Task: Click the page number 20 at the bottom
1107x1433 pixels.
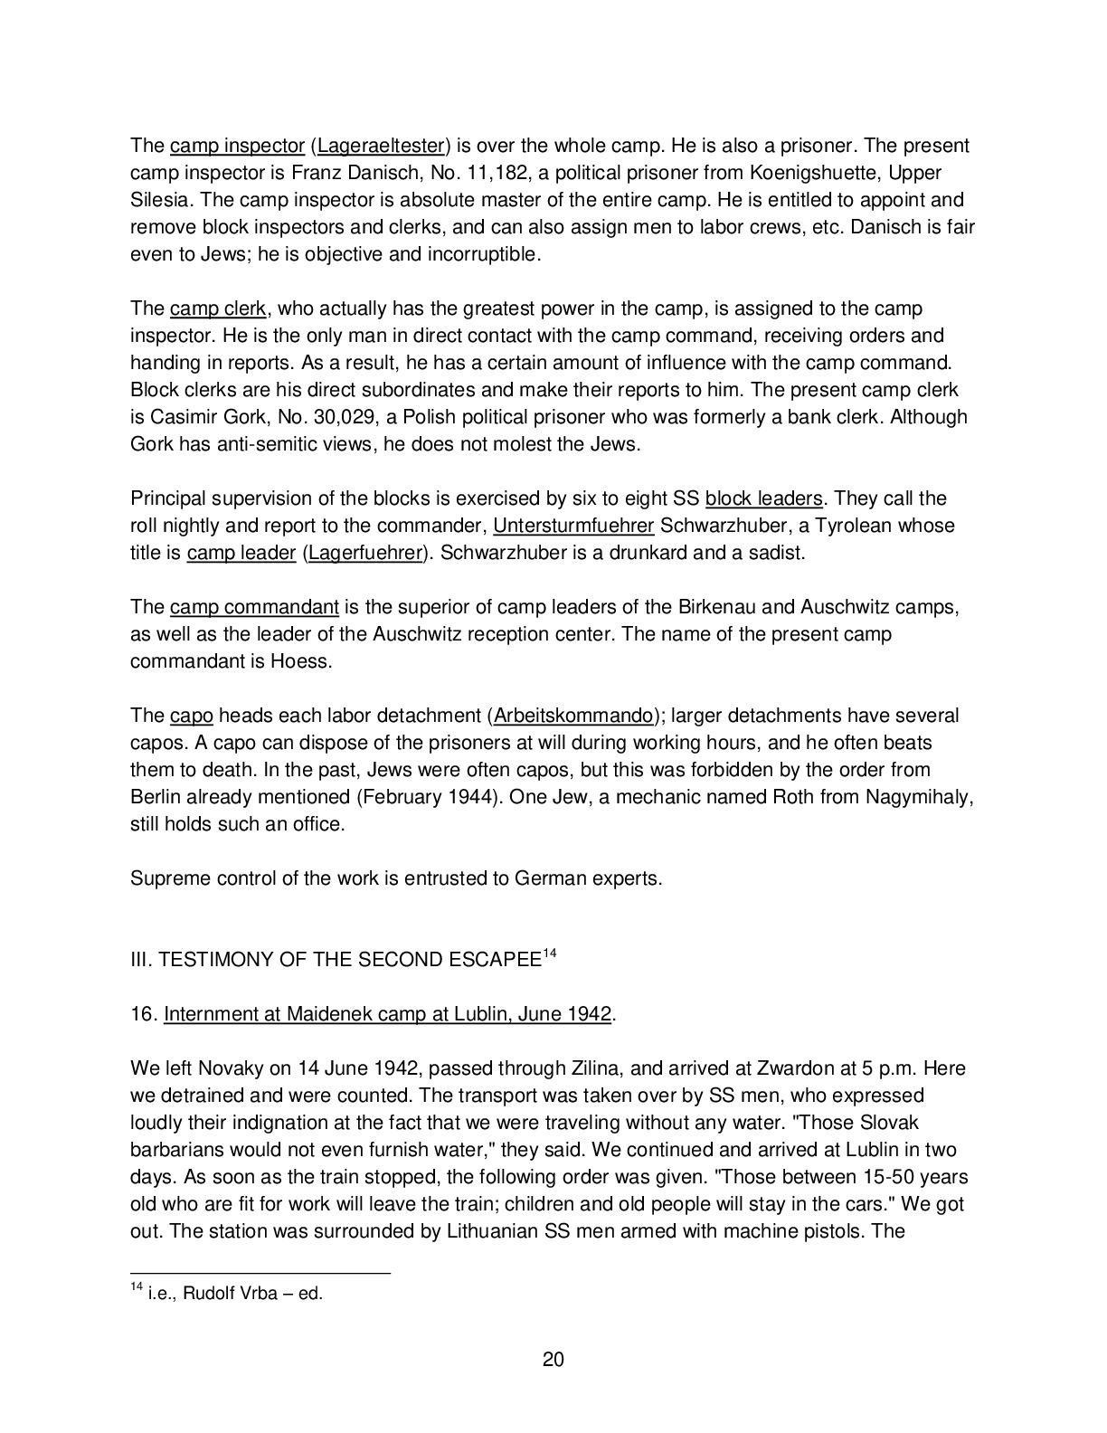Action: [x=553, y=1359]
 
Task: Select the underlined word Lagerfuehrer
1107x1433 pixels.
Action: [x=365, y=553]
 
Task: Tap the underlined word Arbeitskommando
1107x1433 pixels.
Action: [x=573, y=716]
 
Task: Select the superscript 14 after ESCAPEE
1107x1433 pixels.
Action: [x=548, y=954]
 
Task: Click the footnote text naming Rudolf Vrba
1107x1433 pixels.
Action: [x=233, y=1294]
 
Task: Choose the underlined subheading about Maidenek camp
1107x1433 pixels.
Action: [x=387, y=1014]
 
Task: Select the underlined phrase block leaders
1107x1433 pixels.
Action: [x=764, y=498]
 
